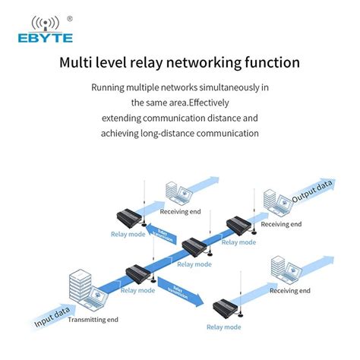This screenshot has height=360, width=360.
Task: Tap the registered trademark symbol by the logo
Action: pyautogui.click(x=70, y=17)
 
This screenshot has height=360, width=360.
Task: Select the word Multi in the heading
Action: pyautogui.click(x=79, y=62)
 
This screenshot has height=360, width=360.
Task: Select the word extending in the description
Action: pyautogui.click(x=126, y=118)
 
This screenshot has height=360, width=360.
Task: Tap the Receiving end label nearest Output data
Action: pyautogui.click(x=281, y=224)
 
